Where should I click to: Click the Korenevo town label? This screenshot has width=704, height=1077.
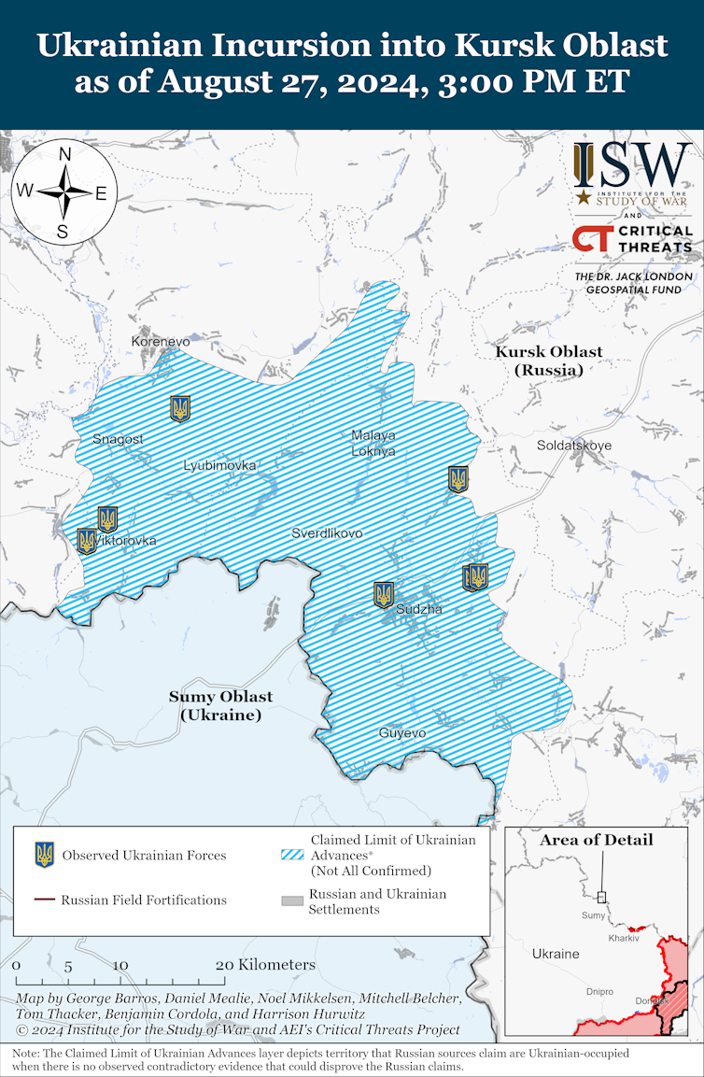[x=161, y=342]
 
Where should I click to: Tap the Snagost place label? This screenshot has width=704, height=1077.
[x=119, y=439]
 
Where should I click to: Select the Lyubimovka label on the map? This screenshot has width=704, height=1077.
[x=219, y=465]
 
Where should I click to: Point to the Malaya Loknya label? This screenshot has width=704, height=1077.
[x=373, y=443]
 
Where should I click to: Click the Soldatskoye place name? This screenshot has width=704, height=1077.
[x=574, y=446]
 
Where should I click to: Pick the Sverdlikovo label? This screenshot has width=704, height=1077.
[x=327, y=533]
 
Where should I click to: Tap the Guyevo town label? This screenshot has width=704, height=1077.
[x=402, y=733]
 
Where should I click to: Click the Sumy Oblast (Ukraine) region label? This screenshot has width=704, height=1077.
[x=220, y=705]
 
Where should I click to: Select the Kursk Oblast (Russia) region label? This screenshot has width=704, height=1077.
[x=549, y=361]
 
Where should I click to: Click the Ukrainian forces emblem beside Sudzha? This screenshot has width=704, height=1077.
[x=384, y=594]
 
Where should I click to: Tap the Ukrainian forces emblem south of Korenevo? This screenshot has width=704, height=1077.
[x=180, y=408]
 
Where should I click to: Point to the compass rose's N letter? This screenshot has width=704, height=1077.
[x=65, y=155]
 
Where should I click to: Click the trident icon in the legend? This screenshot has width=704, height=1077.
[x=44, y=854]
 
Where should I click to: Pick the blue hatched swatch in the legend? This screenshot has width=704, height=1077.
[x=293, y=854]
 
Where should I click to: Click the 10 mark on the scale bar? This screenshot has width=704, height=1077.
[x=120, y=966]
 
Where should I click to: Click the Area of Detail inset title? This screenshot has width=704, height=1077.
[x=596, y=840]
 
